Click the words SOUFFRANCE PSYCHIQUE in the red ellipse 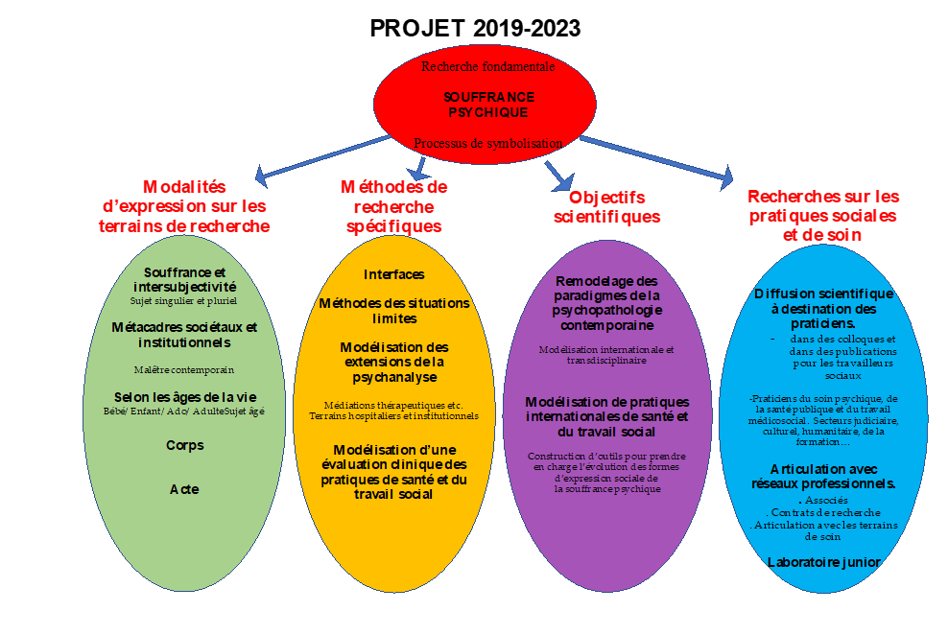pos(488,105)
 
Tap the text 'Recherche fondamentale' pos(487,66)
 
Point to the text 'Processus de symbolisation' pos(487,143)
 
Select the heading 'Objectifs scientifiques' pos(607,206)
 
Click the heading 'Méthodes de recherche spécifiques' pos(394,206)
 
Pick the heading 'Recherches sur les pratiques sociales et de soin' pos(822,215)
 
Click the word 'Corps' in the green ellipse pos(184,445)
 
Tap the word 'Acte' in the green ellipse pos(184,489)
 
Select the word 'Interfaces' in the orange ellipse pos(393,275)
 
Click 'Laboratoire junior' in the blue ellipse pos(823,561)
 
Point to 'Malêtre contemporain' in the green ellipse pos(184,369)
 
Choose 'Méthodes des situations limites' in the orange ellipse pos(394,310)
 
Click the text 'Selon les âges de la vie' pos(185,397)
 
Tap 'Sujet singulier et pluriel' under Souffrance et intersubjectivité pos(184,300)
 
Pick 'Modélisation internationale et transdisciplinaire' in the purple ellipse pos(606,355)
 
